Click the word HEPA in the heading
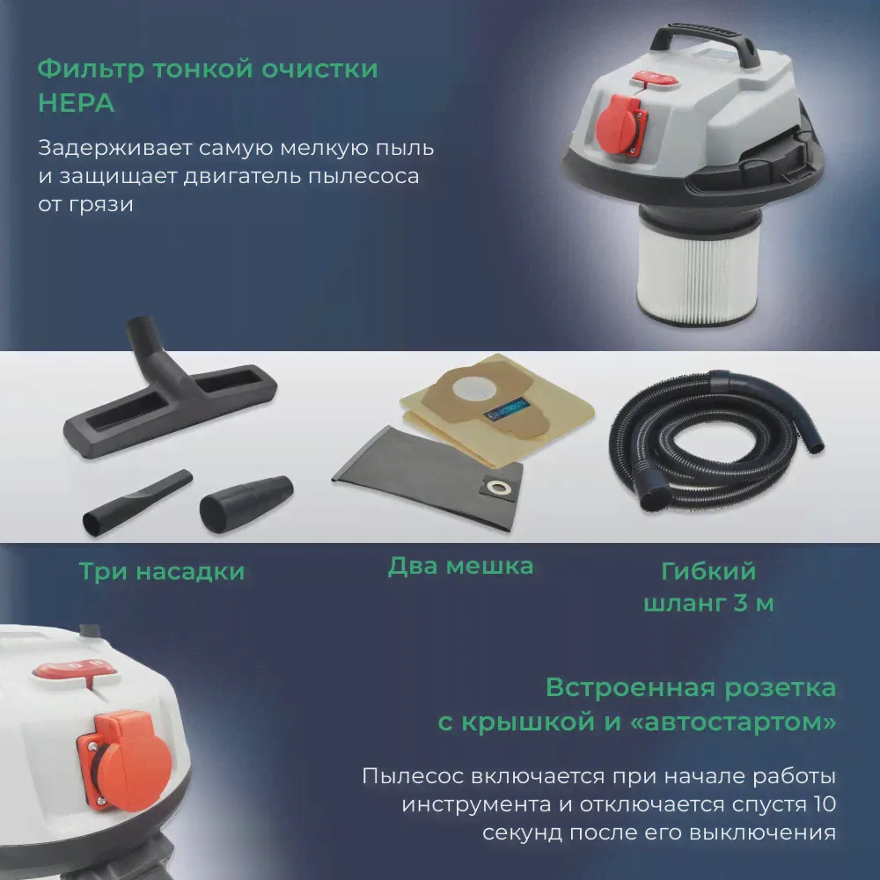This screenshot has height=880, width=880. coord(77,103)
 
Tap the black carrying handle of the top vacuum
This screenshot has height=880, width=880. coord(704,37)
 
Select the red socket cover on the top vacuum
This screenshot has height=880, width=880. coord(620,124)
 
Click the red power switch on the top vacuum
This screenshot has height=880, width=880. coord(655,79)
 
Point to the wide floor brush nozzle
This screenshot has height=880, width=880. coord(168,392)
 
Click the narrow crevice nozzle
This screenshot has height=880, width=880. coord(137,502)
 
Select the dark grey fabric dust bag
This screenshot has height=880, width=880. coord(428,478)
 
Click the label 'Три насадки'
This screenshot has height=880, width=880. coord(162,571)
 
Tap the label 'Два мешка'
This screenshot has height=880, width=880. coord(461,566)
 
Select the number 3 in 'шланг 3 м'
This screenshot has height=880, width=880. coord(741,604)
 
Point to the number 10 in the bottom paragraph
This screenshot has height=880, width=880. coord(824,803)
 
